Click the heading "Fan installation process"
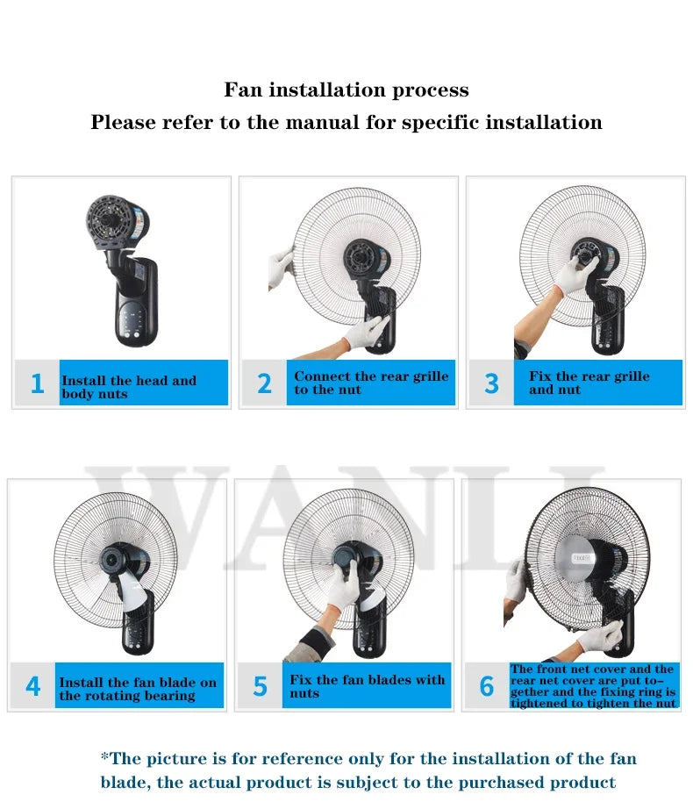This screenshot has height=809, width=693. coord(346,90)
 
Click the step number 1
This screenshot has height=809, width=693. coord(37,383)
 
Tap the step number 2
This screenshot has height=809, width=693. coord(264,383)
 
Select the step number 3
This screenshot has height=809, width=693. coord(491,383)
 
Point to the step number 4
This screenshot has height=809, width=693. coord(32,686)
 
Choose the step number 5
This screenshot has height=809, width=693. coord(260,686)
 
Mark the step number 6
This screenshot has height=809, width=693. coord(487,686)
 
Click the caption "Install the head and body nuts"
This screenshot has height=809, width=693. coord(129,387)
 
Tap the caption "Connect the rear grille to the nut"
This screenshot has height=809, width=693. coord(371,383)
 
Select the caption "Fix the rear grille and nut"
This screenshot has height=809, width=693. coord(589,383)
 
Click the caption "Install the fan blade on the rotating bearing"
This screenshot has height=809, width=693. coord(138,689)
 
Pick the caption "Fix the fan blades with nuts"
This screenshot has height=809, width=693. coord(368,686)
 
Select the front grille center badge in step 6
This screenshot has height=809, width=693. coord(582,556)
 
